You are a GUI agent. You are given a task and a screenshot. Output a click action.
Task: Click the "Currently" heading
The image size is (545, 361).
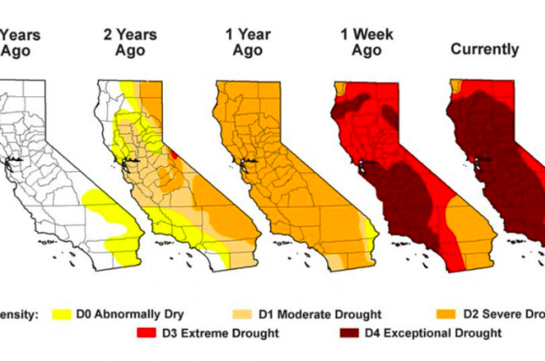coord(484,49)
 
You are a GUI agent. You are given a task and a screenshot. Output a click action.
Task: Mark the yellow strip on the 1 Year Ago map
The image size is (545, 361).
coord(369,232)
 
